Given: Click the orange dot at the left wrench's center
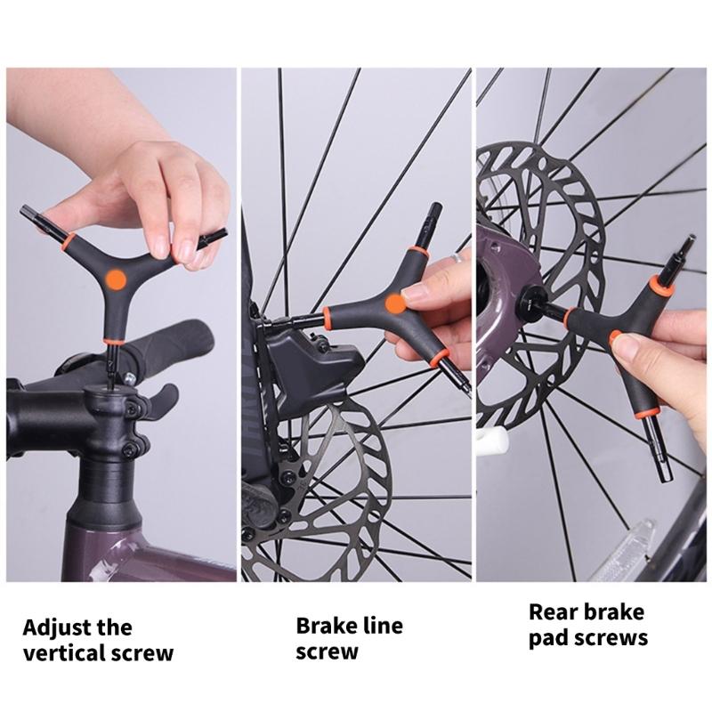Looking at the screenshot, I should point(114,280).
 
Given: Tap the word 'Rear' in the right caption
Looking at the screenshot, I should point(554,611).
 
